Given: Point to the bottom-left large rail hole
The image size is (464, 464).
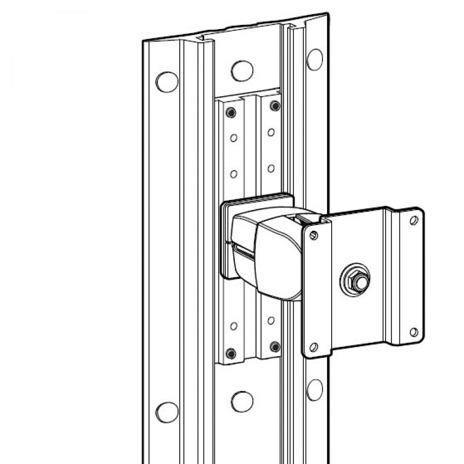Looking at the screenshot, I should click(x=167, y=409).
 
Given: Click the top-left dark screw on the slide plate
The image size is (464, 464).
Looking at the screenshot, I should click(x=231, y=111).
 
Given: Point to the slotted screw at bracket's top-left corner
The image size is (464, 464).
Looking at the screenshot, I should click(x=314, y=235).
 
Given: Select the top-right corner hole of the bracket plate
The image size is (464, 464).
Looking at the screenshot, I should click(x=414, y=220).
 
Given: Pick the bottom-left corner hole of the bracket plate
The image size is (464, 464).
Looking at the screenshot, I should click(x=314, y=346).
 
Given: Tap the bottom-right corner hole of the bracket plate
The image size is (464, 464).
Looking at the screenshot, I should click(x=414, y=332).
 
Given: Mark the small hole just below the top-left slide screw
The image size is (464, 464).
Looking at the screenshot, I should click(x=232, y=138).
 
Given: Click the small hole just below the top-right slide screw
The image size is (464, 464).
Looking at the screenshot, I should click(x=270, y=133).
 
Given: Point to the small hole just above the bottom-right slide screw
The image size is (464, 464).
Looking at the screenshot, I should click(x=270, y=320).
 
